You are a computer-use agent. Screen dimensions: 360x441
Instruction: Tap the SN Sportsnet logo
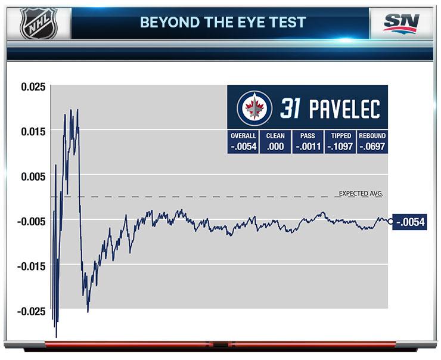[402, 23]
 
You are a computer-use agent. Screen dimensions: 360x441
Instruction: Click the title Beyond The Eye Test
[223, 23]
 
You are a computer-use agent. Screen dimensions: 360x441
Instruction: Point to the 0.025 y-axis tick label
[33, 86]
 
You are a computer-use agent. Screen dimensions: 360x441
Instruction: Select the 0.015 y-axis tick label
[33, 131]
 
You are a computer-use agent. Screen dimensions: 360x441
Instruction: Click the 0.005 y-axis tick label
[33, 176]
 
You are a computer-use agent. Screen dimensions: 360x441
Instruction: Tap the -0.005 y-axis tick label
[32, 221]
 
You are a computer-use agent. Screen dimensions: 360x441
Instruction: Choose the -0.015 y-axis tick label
[32, 266]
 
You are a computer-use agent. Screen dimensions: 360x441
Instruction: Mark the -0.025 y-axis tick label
[32, 311]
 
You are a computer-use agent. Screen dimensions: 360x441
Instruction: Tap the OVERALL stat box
[243, 142]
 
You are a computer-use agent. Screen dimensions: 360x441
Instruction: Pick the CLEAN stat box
[275, 142]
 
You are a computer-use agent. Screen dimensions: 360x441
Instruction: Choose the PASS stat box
[308, 142]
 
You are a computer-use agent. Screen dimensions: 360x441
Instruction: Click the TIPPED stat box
[340, 142]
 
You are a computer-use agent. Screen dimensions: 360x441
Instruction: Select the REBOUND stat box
[372, 142]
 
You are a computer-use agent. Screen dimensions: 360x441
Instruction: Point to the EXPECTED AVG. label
[360, 193]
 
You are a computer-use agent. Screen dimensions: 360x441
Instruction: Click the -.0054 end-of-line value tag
[411, 221]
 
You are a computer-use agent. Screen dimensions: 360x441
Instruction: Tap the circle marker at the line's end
[390, 221]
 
